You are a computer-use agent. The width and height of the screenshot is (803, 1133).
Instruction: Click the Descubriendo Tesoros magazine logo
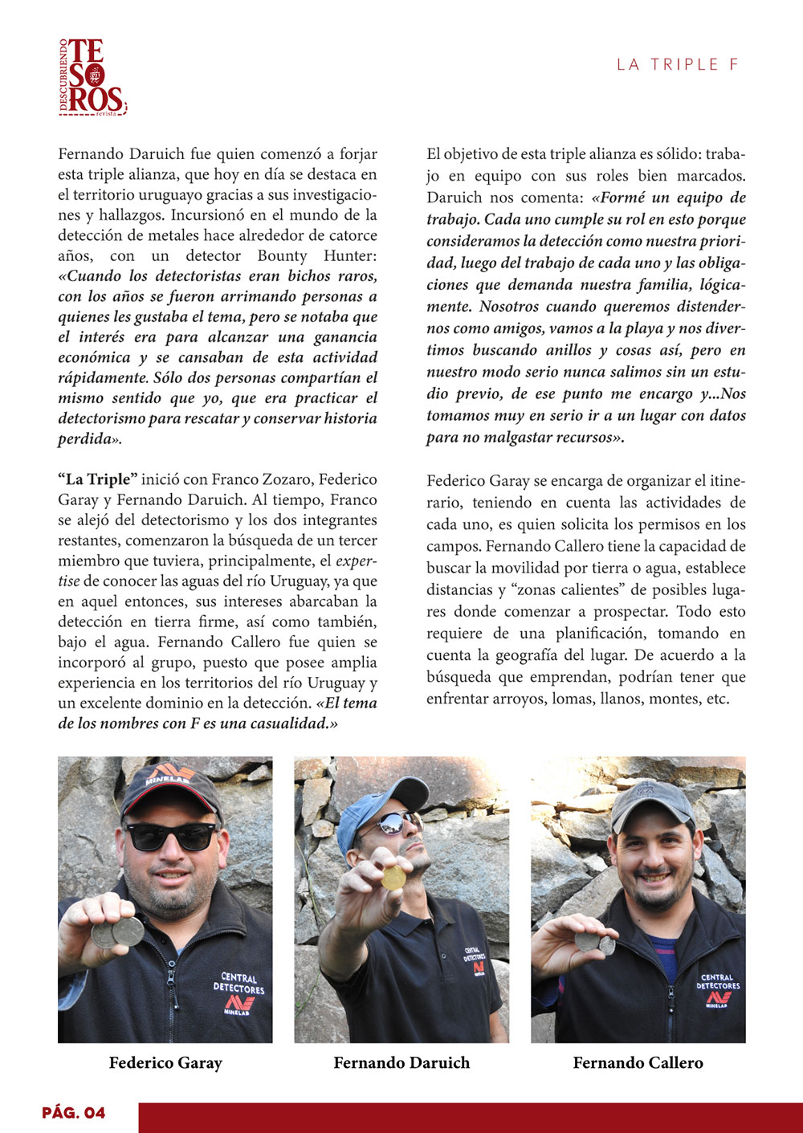coord(93,77)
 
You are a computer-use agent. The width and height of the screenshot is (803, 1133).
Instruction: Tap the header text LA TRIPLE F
coord(677,65)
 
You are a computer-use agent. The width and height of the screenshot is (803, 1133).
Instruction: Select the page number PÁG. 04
coord(74,1113)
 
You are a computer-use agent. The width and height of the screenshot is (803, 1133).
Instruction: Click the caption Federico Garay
coord(165,1063)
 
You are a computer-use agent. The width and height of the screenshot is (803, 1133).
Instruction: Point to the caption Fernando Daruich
coord(401,1063)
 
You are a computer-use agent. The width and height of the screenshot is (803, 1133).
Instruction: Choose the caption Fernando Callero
coord(638,1063)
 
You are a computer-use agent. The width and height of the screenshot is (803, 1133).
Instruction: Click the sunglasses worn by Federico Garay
coord(170,836)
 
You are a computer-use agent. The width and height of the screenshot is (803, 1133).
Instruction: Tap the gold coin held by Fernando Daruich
coord(393,878)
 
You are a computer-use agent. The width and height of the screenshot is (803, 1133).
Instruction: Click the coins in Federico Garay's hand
coord(117,932)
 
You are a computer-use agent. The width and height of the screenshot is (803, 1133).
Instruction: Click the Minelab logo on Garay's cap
coord(170,776)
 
